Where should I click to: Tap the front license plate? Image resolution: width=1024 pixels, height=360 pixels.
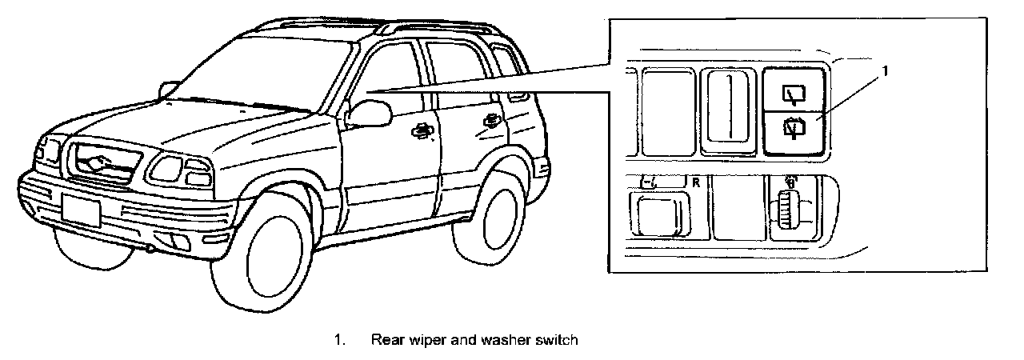click(x=81, y=210)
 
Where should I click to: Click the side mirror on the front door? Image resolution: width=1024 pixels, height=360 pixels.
click(x=368, y=113)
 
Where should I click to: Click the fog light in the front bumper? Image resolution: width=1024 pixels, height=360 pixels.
click(x=172, y=242)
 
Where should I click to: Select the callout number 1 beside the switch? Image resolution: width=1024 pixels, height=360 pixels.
click(x=886, y=71)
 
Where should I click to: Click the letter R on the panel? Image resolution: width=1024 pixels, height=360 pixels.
click(x=695, y=182)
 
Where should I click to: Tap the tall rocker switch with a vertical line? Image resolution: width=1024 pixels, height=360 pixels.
click(x=728, y=110)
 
